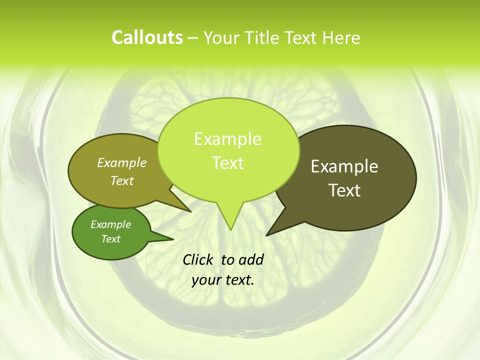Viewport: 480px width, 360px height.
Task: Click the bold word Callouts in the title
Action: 147,37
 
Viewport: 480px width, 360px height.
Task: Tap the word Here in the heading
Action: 341,38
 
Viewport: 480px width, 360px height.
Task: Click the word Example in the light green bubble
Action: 227,139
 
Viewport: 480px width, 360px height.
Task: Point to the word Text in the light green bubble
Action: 227,163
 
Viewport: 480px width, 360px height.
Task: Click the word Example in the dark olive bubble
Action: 344,166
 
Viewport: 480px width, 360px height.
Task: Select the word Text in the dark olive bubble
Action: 344,190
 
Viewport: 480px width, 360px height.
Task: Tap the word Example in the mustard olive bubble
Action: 122,162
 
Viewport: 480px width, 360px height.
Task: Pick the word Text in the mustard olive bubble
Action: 122,180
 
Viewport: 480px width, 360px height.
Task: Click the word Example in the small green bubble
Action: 110,224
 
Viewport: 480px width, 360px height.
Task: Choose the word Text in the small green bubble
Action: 110,239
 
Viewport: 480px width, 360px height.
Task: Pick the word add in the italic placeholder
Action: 251,259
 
